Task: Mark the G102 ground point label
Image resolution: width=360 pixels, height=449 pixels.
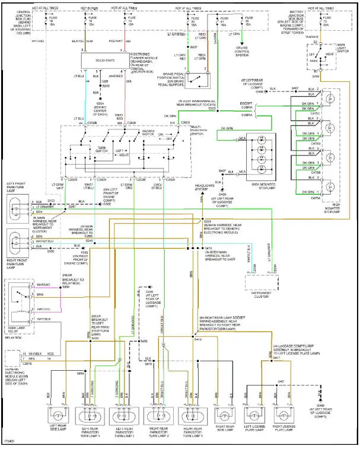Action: click(x=107, y=205)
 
